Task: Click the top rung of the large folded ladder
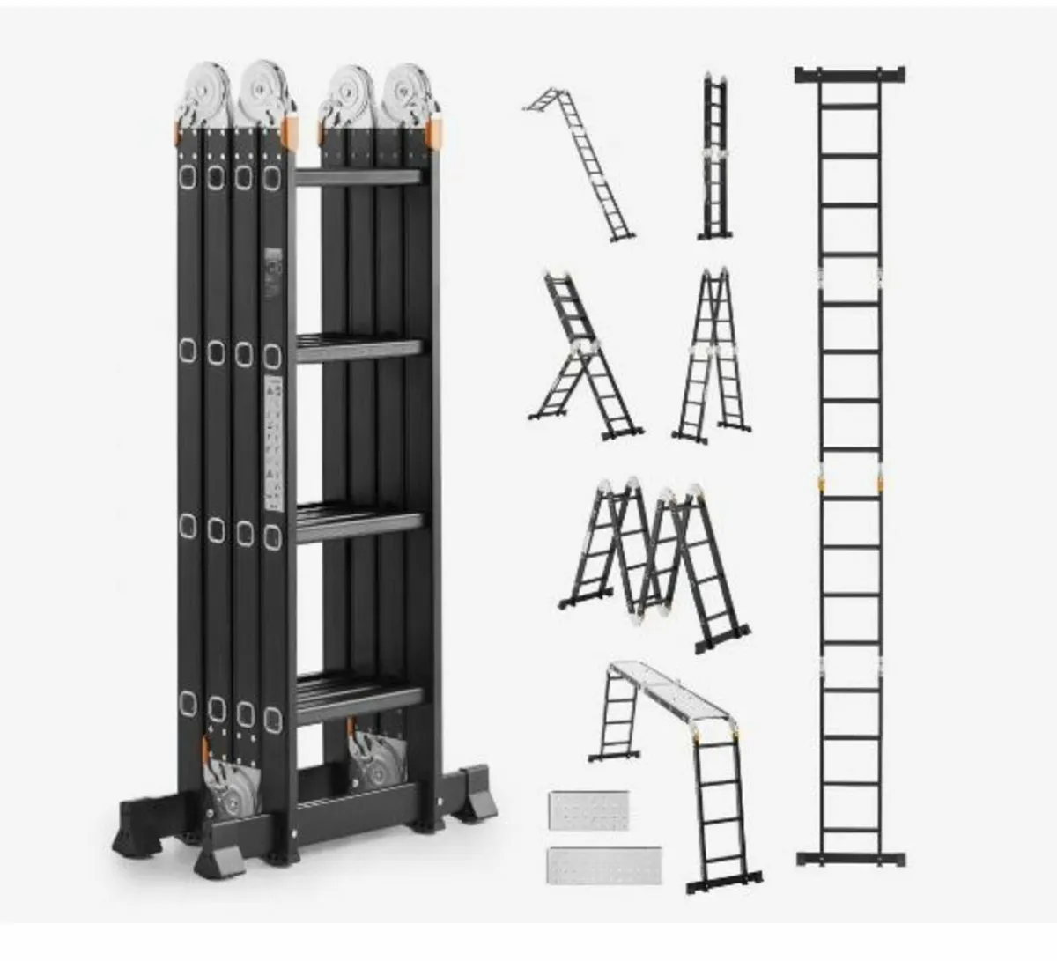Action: click(358, 177)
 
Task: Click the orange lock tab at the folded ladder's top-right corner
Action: click(434, 133)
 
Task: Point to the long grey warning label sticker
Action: click(274, 445)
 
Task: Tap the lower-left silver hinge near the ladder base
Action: click(232, 784)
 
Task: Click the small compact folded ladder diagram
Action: click(715, 159)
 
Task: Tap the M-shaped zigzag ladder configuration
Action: click(656, 559)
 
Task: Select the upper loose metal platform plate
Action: click(588, 810)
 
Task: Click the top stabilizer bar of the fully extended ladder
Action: click(849, 75)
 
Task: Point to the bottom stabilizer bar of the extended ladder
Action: click(850, 858)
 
